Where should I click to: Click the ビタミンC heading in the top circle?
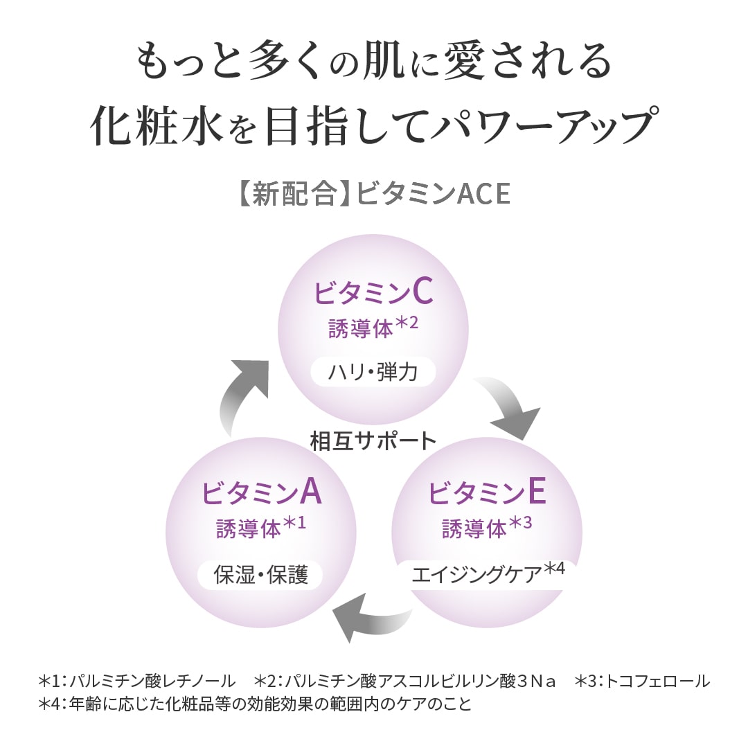[x=373, y=293]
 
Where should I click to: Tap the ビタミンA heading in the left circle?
[x=261, y=492]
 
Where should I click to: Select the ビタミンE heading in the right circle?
[x=487, y=492]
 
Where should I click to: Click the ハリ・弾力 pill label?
[x=373, y=373]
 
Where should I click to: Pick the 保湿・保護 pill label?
[x=260, y=575]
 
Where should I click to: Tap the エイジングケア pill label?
[x=483, y=574]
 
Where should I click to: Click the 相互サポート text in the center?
[x=373, y=440]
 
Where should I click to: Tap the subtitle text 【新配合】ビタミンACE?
[x=373, y=195]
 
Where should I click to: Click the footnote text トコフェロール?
[x=657, y=681]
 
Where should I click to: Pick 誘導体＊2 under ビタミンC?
[x=373, y=328]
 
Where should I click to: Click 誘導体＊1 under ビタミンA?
[x=261, y=528]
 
